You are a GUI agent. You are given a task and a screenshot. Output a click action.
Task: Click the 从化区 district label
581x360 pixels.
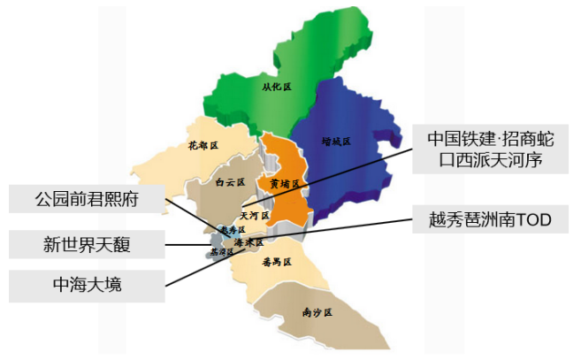277,87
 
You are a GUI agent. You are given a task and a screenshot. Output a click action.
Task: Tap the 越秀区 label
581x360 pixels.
231,228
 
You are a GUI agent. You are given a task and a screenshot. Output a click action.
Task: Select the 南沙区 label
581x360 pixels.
315,312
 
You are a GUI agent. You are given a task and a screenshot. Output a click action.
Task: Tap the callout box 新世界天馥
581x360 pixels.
87,242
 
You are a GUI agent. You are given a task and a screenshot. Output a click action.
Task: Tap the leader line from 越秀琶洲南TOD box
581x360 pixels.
354,227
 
